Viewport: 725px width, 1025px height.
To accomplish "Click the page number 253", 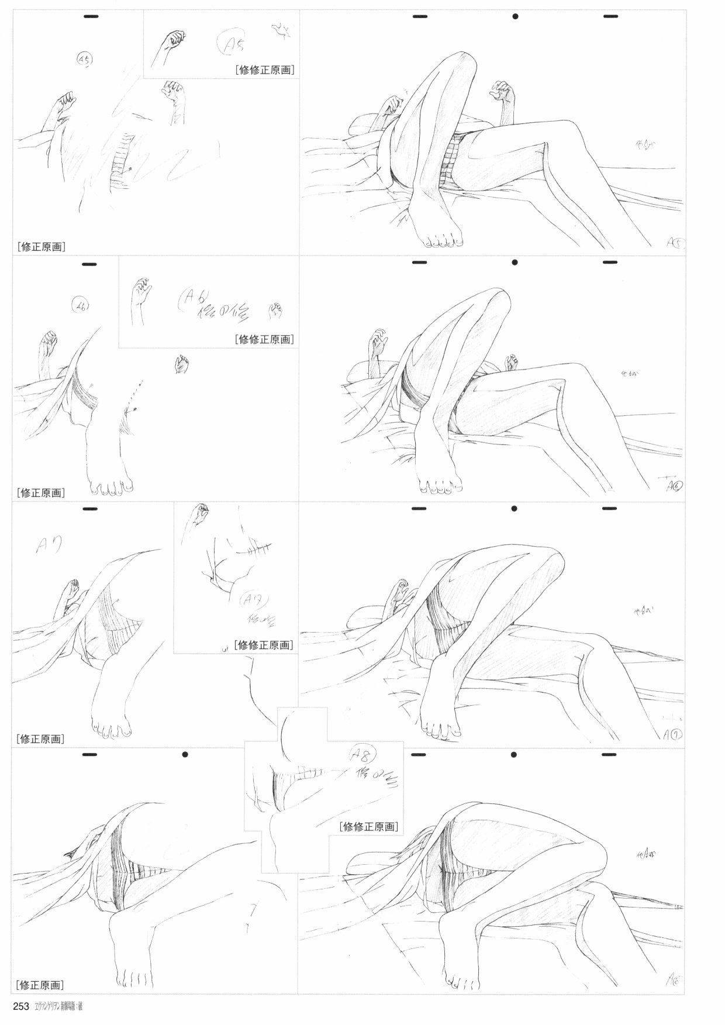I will click(22, 1006).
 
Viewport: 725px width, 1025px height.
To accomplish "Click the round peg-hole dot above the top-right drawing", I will click(515, 16).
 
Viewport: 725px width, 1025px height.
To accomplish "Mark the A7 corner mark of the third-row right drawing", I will click(672, 733).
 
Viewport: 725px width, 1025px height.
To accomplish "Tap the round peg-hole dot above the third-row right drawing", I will click(515, 508).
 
